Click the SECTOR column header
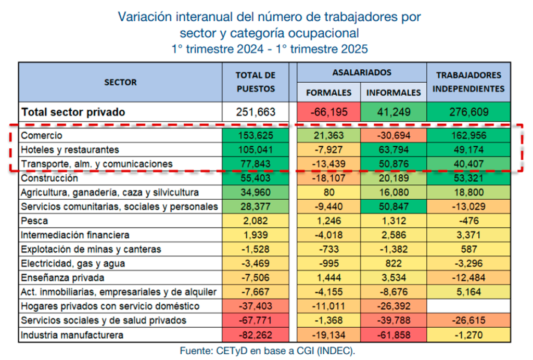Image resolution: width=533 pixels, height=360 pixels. coord(120,82)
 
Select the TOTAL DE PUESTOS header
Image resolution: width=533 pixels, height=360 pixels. coord(256,82)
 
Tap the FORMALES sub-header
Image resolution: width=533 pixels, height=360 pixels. coord(328,93)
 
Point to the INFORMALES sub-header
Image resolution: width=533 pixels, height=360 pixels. coord(394,93)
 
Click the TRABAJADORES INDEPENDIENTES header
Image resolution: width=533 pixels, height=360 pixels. coord(469,82)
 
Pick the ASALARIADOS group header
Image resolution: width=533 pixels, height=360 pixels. coord(362,72)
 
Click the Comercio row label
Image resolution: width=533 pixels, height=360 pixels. coord(42,135)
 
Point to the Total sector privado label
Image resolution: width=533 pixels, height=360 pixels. coord(73,112)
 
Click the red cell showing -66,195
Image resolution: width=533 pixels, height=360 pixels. coord(328,112)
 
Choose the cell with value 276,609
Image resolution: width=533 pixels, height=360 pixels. coord(469,112)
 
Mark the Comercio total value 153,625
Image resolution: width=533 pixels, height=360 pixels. coord(256,135)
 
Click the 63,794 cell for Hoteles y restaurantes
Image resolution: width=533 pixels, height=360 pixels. coord(394,150)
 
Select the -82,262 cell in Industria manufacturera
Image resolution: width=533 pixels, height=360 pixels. coord(256,335)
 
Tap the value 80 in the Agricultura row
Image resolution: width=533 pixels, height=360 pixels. coord(328,192)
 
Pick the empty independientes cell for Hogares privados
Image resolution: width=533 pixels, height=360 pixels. coord(469,306)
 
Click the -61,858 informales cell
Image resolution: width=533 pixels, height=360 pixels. coord(394,335)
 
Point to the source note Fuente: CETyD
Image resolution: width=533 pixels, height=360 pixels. coord(267,351)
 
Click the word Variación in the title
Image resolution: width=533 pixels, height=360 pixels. coord(143,17)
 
